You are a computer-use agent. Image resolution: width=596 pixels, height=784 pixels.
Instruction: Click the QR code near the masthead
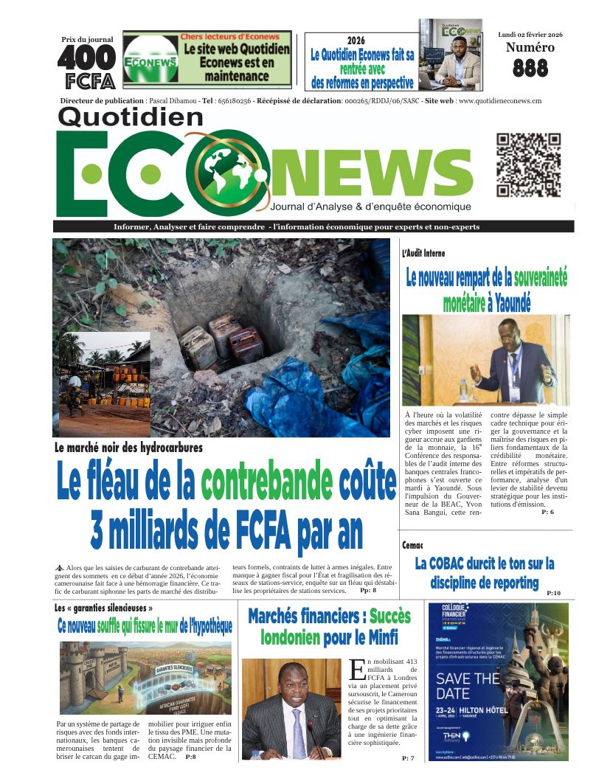point(527,166)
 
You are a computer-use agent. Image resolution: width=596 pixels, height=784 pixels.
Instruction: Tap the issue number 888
point(530,69)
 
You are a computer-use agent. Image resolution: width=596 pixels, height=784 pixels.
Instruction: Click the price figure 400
point(86,58)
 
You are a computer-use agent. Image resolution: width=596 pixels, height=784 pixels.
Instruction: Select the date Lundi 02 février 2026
point(530,34)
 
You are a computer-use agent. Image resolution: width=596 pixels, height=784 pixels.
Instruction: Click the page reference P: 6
point(547,512)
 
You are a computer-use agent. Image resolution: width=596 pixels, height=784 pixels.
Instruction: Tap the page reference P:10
point(553,593)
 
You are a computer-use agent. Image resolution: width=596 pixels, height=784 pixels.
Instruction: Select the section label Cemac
point(412,545)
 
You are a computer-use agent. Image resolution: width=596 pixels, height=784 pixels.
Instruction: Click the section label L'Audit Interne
point(423,253)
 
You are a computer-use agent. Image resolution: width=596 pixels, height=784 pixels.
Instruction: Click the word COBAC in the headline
point(465,564)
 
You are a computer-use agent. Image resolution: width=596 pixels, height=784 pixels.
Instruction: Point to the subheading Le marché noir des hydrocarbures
point(128,447)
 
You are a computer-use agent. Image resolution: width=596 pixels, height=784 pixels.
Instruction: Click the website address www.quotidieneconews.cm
point(500,101)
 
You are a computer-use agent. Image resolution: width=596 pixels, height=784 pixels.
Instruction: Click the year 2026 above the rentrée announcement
point(356,40)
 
